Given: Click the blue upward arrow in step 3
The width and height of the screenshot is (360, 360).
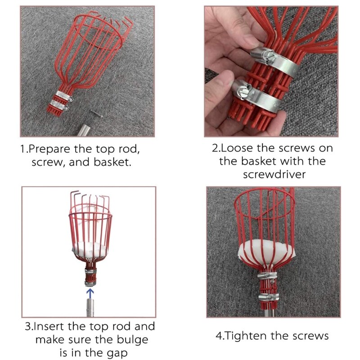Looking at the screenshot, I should point(90,293).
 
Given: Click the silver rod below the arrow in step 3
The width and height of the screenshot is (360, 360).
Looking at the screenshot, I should point(90,310).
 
